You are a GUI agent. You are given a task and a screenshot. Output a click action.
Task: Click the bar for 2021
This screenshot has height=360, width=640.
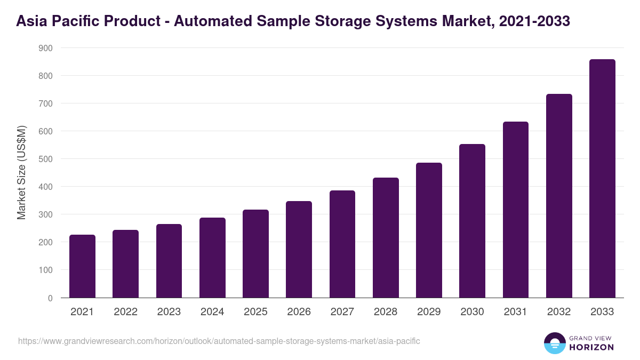[x=82, y=266]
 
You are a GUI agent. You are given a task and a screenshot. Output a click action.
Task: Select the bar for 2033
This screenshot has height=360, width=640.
[x=602, y=179]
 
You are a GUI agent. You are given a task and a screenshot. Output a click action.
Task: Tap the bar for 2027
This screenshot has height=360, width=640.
[x=342, y=244]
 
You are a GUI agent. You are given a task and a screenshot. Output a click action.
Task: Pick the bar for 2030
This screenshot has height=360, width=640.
[x=472, y=221]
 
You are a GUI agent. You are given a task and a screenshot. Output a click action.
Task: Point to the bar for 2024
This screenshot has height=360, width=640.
[x=212, y=258]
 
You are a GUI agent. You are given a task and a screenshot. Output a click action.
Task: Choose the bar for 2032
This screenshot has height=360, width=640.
[x=559, y=196]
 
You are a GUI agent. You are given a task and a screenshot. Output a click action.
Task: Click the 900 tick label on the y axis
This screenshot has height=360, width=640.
[x=45, y=48]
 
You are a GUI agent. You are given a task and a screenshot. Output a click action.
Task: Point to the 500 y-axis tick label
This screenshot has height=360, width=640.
[x=45, y=159]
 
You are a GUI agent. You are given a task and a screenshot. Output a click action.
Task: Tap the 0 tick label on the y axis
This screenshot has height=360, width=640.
[x=50, y=298]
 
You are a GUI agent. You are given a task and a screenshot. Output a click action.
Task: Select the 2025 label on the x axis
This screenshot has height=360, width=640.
[x=255, y=312]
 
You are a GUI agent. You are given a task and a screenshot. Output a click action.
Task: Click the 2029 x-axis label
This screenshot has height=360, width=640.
[x=429, y=312]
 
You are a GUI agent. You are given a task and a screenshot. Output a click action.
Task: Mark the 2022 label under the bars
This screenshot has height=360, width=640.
[x=125, y=312]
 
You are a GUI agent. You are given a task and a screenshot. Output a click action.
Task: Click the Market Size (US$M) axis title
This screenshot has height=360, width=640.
[x=21, y=172]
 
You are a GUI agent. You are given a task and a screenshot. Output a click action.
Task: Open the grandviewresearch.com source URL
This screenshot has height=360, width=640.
[x=219, y=341]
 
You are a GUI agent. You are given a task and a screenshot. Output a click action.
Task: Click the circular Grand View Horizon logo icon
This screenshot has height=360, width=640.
[x=555, y=343]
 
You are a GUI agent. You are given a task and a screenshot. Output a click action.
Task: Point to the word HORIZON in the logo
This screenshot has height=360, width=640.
[x=591, y=347]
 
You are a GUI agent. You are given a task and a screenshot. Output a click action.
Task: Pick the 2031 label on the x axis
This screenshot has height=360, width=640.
[x=515, y=312]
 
